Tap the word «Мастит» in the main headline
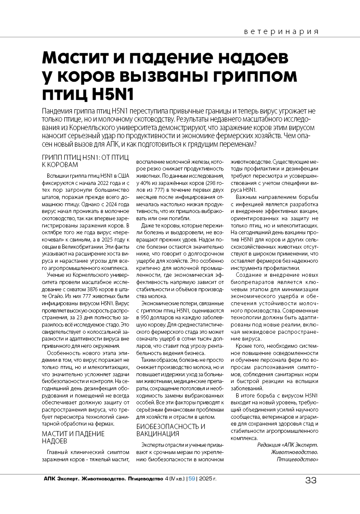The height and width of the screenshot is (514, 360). [x=81, y=57]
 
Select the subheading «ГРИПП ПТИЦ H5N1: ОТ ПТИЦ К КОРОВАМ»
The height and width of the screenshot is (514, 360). [x=85, y=161]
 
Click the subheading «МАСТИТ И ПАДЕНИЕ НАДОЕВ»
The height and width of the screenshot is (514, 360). [x=73, y=437]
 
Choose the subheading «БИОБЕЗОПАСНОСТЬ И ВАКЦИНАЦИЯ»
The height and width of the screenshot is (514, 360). [x=171, y=430]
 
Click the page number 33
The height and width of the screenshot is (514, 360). [x=311, y=480]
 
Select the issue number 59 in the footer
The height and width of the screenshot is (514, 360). [x=191, y=479]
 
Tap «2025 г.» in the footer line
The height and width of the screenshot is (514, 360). [x=208, y=479]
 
